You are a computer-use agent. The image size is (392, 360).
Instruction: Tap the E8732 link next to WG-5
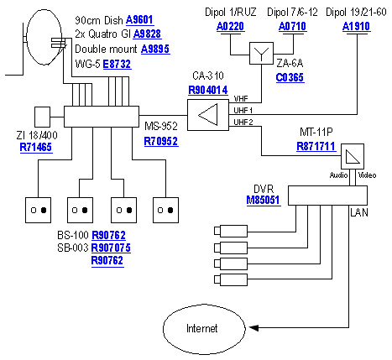(117, 62)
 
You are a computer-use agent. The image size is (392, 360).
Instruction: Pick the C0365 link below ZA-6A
(290, 77)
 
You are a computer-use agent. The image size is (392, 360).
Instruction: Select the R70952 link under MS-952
(160, 142)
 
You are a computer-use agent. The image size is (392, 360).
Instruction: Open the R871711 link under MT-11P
(316, 146)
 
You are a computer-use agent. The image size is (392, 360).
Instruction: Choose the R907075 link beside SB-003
(112, 248)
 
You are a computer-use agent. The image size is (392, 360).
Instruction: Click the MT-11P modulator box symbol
(353, 156)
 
